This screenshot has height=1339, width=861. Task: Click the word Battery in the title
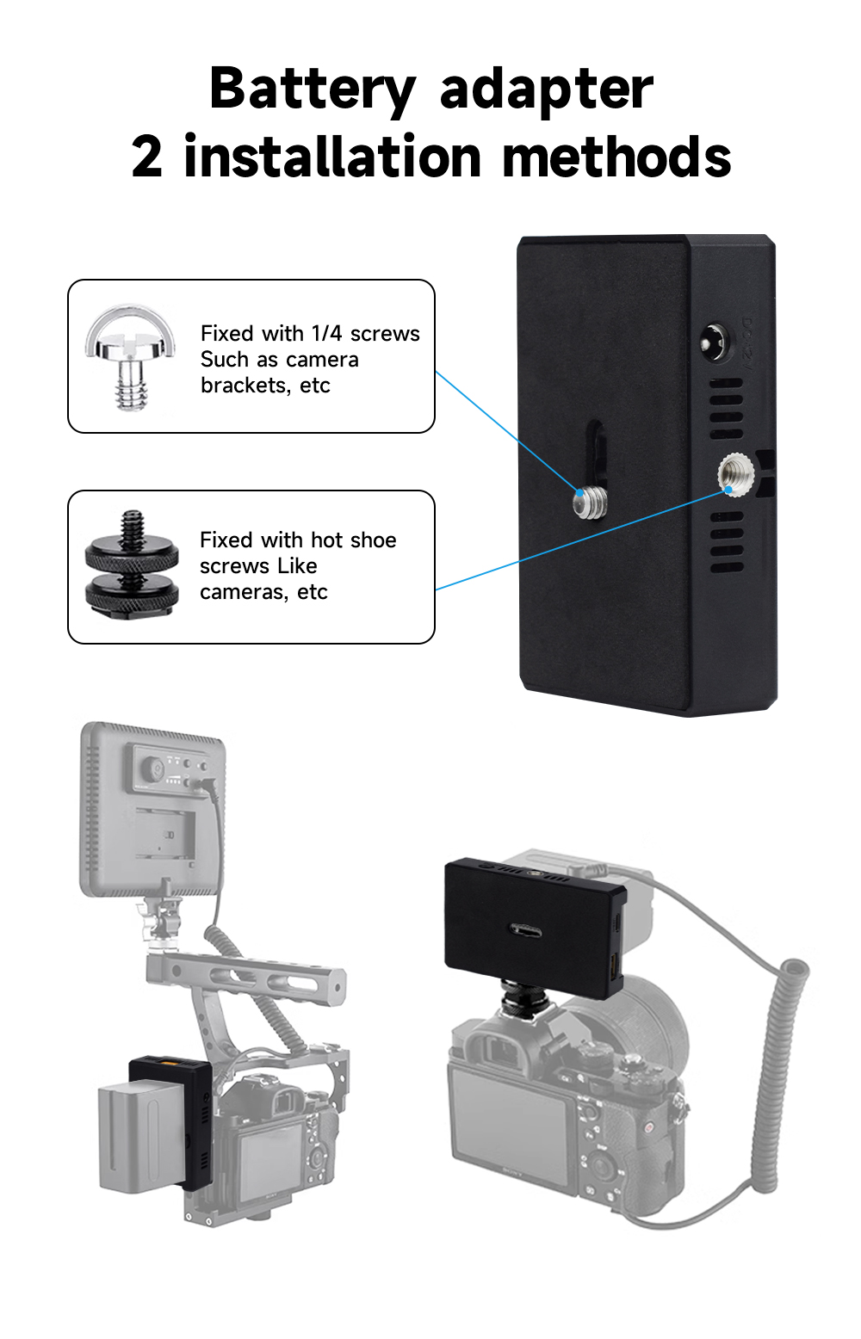tap(313, 89)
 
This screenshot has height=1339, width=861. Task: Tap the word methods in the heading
tap(616, 157)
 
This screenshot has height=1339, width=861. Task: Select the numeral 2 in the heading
tap(146, 157)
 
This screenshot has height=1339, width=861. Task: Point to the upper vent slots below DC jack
tap(726, 409)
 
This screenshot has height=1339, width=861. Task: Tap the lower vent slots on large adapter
tap(727, 543)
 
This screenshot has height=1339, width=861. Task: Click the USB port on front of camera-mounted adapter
tap(525, 930)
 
